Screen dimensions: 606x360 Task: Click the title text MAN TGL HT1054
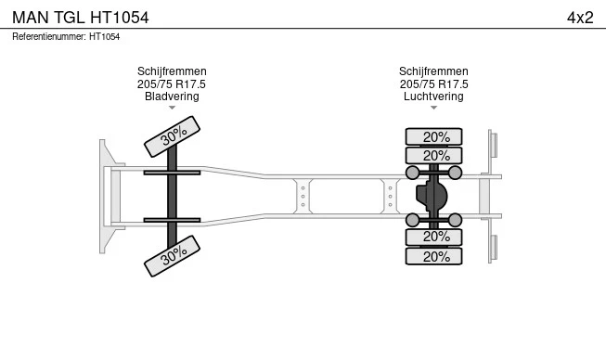81,18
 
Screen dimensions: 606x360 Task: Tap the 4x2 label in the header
580,18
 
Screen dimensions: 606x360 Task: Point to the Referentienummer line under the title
66,37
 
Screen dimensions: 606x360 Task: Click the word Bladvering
172,96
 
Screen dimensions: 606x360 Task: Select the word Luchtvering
433,96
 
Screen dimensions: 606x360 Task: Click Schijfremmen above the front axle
172,71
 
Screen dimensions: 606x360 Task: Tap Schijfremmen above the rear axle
433,71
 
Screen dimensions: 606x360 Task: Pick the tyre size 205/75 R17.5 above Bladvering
172,84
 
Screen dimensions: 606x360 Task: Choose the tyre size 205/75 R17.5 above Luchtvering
433,84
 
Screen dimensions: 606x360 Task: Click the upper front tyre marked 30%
172,136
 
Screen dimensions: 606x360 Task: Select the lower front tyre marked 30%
172,256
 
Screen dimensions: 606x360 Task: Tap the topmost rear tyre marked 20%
433,136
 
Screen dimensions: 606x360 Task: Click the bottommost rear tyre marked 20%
433,256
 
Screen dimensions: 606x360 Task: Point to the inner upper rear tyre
433,156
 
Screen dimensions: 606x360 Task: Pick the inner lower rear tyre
433,237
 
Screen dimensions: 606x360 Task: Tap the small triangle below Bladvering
172,108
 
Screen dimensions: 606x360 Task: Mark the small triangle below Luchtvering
433,108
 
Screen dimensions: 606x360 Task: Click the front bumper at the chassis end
108,196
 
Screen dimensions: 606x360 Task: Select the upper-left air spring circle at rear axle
412,173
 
